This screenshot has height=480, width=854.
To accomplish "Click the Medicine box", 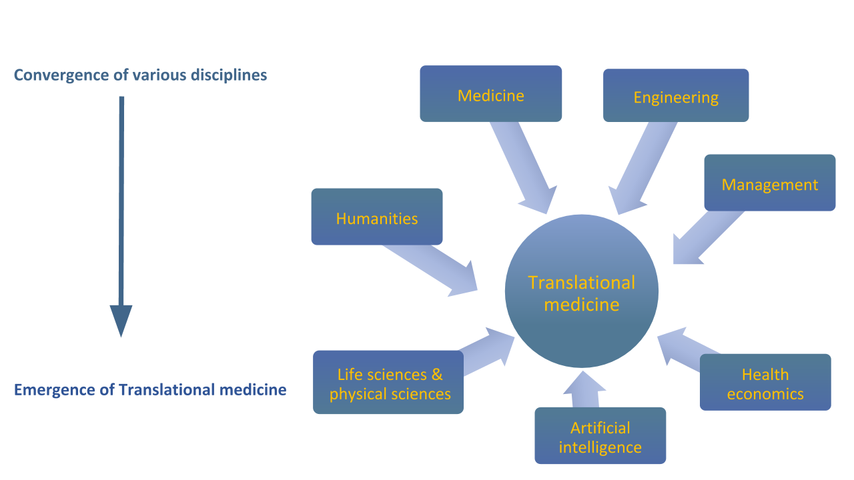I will pos(490,94).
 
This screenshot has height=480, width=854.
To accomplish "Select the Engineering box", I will pos(676,95).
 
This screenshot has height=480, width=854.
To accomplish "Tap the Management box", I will pos(769,183).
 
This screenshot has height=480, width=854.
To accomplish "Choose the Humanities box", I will pos(376,217).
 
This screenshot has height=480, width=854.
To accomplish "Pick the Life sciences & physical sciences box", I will pos(388,383).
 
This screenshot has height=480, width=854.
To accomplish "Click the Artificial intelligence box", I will pos(600,435).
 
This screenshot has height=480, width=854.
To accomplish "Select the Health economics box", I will pos(765,382).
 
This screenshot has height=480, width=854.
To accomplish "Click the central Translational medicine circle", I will pos(582,291).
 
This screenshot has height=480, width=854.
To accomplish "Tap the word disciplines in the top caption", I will pos(231,75).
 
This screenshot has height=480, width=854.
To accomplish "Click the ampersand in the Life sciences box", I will pos(436,375).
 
